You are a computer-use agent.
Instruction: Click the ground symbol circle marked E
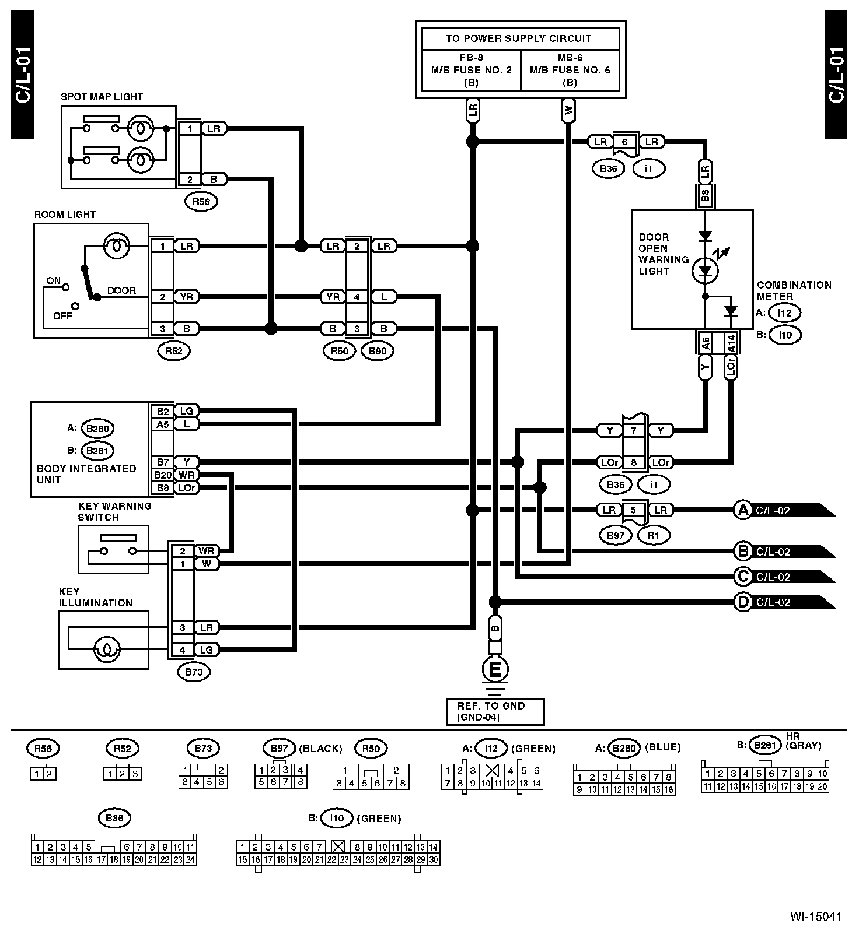point(494,669)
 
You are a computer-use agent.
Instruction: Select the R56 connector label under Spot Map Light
point(201,202)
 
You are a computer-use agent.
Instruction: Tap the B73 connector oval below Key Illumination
point(194,672)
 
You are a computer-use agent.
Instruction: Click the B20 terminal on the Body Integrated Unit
point(163,475)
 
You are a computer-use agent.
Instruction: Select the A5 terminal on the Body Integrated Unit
point(163,424)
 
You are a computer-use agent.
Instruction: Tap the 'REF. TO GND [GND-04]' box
point(495,712)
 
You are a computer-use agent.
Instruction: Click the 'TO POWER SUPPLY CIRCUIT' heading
point(519,38)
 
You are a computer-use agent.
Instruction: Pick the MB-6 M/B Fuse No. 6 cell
point(570,70)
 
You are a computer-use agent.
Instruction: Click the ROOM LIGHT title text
point(65,215)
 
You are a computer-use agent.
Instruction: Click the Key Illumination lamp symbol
point(106,648)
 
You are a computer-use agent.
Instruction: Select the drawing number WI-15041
point(816,916)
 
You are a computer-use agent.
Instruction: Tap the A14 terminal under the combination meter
point(731,343)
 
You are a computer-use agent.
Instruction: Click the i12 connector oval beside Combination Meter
point(784,312)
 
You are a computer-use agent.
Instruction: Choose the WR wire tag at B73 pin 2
point(206,551)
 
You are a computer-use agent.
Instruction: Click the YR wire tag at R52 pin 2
point(187,297)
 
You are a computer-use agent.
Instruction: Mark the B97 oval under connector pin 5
point(616,535)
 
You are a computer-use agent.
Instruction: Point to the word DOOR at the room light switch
point(121,290)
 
